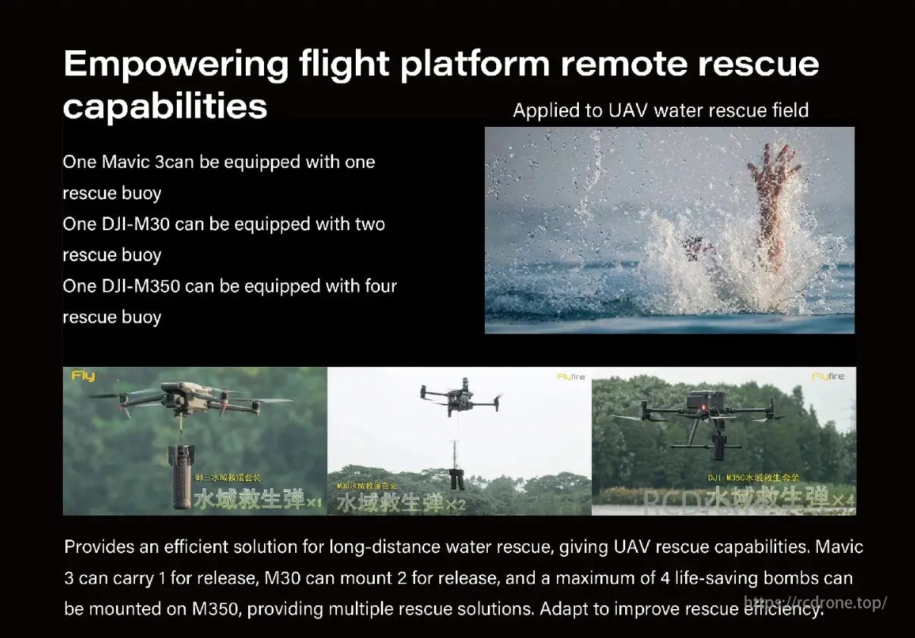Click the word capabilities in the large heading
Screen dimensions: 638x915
(165, 106)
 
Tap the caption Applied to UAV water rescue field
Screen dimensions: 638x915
(660, 111)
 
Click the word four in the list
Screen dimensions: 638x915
(376, 286)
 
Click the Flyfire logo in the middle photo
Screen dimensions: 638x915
(571, 377)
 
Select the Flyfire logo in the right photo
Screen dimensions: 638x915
(828, 377)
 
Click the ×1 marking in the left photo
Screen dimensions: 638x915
(314, 502)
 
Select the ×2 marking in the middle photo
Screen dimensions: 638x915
(454, 504)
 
